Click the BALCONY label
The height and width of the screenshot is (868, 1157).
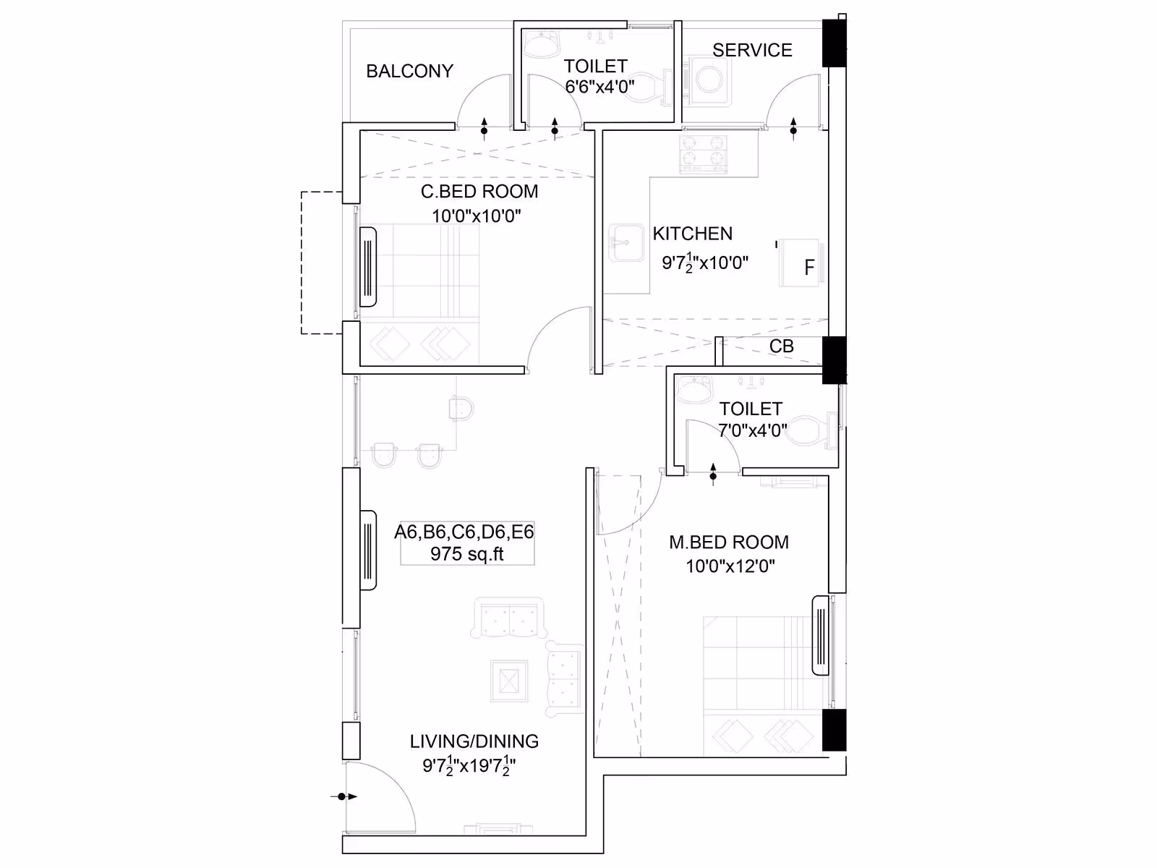coord(409,71)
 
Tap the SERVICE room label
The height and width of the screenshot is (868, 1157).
coord(752,50)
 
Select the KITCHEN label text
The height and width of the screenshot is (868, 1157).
coord(693,234)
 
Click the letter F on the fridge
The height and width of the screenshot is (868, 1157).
coord(809,268)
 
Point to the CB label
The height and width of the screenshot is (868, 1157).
coord(781,346)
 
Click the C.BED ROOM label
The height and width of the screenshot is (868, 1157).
coord(479,191)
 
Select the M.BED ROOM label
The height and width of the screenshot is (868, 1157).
coord(729,542)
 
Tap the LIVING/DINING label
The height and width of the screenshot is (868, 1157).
coord(474,741)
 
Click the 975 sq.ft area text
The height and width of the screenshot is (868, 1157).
coord(467,554)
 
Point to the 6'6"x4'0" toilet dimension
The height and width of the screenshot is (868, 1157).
coord(599,86)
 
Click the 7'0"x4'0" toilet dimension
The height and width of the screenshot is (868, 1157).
coord(753,430)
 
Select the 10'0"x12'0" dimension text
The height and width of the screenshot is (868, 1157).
coord(730,566)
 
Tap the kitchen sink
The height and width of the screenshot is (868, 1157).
coord(626,242)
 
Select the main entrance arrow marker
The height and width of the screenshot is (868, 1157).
coord(344,796)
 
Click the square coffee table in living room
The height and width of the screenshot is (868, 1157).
coord(508,681)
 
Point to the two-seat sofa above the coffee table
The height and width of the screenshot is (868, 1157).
coord(508,617)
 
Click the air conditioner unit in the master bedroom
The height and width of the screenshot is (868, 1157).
coord(820,636)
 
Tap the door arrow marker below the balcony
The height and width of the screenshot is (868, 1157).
coord(484,129)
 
